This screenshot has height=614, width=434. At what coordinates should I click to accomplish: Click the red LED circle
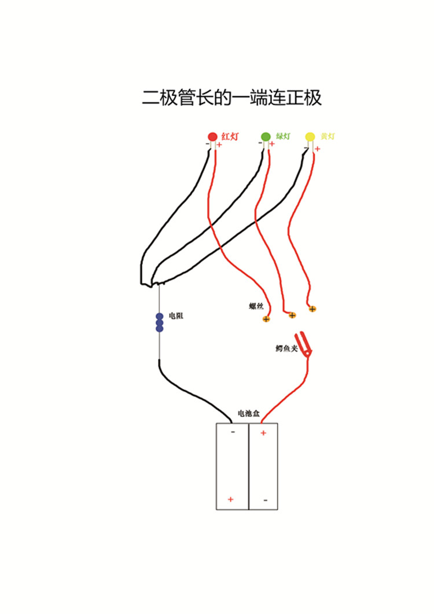212,137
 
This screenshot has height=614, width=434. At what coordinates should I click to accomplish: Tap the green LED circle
266,137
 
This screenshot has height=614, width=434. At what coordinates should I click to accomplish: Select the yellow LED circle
310,137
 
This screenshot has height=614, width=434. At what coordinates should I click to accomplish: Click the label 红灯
230,137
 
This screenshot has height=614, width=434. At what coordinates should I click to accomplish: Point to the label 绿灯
283,137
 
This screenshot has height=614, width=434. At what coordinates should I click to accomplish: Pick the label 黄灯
328,137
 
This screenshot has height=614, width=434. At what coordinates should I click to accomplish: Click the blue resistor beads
159,322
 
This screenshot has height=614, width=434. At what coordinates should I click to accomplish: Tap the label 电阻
176,316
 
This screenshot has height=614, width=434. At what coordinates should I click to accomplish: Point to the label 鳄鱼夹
286,348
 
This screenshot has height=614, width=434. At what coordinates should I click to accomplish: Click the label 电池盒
248,414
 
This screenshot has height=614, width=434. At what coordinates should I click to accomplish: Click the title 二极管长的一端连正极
231,98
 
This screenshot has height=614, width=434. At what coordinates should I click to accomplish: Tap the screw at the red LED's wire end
266,319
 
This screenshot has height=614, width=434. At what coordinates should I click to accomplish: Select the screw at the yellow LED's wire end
312,309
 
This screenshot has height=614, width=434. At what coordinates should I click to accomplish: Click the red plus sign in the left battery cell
231,499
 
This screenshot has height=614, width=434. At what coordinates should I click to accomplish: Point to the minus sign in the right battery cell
265,500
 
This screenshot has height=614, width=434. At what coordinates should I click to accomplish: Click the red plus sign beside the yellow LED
318,149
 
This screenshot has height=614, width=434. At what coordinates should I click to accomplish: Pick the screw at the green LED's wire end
292,315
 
